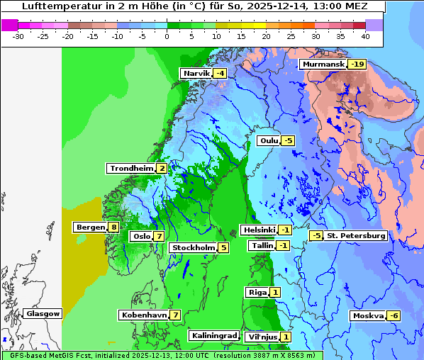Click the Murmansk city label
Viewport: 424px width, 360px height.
[323, 64]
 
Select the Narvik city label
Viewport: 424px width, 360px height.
[196, 74]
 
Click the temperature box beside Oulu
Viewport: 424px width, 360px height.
[287, 141]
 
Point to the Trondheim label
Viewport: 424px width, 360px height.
[131, 169]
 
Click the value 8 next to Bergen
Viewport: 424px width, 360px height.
[113, 227]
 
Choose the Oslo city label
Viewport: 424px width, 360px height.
[141, 237]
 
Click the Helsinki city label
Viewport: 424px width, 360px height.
[259, 230]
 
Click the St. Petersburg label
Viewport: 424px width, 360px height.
[355, 236]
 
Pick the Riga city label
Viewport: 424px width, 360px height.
[256, 293]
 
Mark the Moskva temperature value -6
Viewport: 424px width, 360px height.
[394, 316]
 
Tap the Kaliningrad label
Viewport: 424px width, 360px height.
[213, 336]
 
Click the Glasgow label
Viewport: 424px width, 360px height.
[43, 314]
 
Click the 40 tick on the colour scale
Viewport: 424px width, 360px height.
[364, 36]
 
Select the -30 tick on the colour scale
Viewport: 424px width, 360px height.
[18, 36]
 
